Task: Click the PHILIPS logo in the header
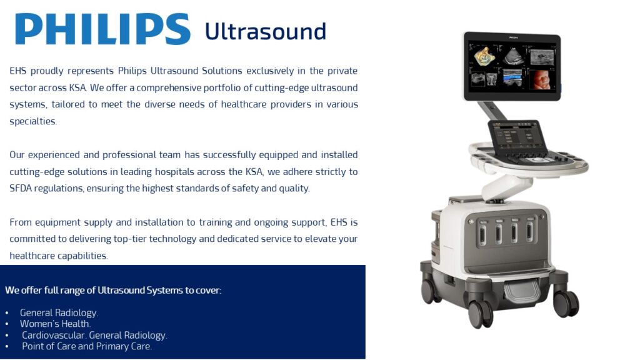pyautogui.click(x=102, y=29)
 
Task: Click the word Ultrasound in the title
pyautogui.click(x=265, y=31)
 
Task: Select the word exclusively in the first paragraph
pyautogui.click(x=270, y=71)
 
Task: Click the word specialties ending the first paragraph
pyautogui.click(x=32, y=122)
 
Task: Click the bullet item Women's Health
pyautogui.click(x=55, y=324)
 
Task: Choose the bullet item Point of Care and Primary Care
pyautogui.click(x=86, y=346)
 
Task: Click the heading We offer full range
pyautogui.click(x=113, y=290)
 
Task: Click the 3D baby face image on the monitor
pyautogui.click(x=542, y=79)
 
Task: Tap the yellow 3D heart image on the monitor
pyautogui.click(x=483, y=56)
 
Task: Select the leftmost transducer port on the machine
pyautogui.click(x=483, y=233)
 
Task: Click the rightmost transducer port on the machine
pyautogui.click(x=530, y=230)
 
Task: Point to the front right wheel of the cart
pyautogui.click(x=566, y=303)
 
